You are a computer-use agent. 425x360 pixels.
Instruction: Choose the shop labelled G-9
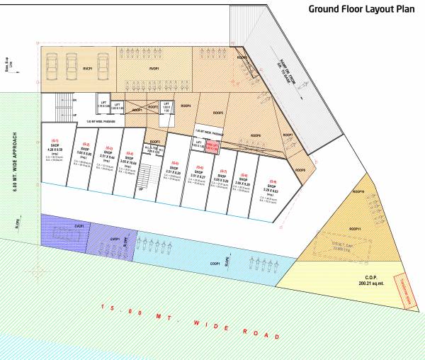pyautogui.click(x=276, y=184)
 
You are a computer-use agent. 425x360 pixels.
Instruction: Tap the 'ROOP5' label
pyautogui.click(x=218, y=113)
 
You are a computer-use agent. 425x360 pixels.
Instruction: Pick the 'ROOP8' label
pyautogui.click(x=256, y=135)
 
